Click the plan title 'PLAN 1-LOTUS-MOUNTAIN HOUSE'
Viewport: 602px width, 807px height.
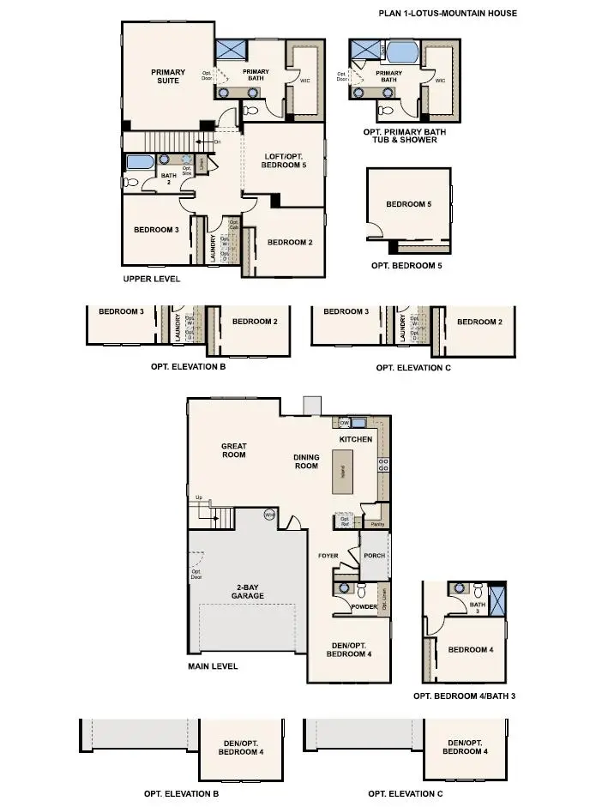click(448, 14)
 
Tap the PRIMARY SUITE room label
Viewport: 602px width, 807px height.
click(169, 76)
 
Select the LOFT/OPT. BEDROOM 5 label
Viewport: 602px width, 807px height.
click(284, 160)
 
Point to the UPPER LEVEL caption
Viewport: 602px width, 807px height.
click(152, 280)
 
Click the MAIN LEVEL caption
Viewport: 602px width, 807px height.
click(213, 665)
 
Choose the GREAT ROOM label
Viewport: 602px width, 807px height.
click(234, 450)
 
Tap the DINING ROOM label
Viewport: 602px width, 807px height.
click(306, 461)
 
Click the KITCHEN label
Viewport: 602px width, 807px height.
click(356, 439)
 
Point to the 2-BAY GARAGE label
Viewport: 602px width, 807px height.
click(247, 591)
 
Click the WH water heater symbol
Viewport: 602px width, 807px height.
click(268, 515)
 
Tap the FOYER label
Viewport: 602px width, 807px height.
click(328, 556)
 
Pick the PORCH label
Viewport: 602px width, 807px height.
click(375, 555)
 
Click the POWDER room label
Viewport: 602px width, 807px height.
click(364, 607)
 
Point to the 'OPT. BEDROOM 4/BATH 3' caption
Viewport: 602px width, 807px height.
click(464, 696)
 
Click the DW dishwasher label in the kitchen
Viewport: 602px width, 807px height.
click(344, 423)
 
